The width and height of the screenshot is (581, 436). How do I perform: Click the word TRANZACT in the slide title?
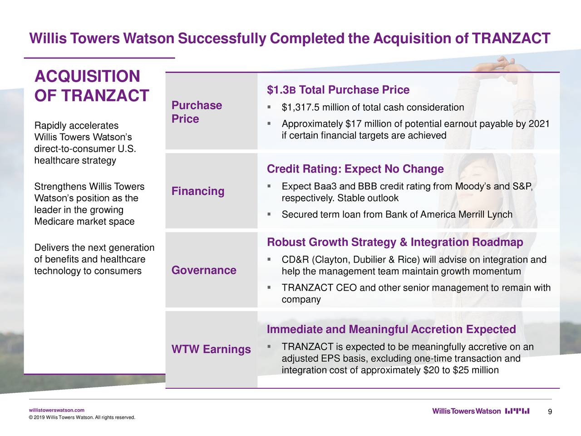511,38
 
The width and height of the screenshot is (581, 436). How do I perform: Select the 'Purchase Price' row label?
197,112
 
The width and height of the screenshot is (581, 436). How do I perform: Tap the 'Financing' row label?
198,191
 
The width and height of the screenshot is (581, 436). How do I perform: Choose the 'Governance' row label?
204,270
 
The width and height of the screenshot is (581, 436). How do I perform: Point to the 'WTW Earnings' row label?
211,349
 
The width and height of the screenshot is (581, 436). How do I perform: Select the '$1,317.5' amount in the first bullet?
299,108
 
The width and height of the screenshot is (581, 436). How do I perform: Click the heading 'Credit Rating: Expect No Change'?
355,169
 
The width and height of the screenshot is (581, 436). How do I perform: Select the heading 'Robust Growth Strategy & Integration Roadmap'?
395,242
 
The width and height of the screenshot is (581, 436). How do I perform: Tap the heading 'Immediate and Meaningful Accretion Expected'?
391,329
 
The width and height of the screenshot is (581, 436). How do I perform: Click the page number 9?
550,412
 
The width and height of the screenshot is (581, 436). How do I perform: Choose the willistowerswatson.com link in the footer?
56,410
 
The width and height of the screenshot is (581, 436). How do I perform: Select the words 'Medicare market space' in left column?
84,222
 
